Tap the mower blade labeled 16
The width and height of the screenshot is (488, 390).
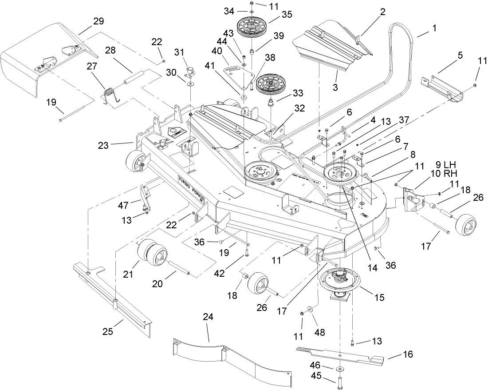[342, 355]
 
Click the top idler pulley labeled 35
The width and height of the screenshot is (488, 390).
[251, 28]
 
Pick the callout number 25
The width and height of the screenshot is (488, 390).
[108, 331]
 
